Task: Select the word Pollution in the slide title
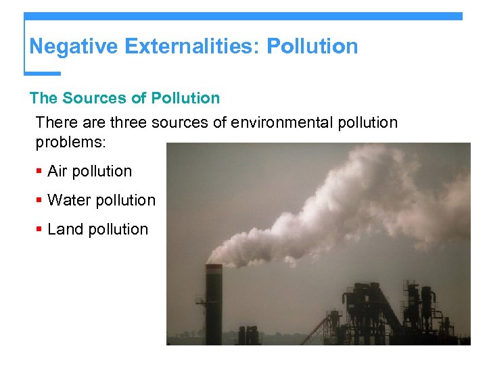click(312, 47)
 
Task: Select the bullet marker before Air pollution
click(39, 172)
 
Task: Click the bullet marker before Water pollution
click(39, 201)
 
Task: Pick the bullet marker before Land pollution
click(39, 230)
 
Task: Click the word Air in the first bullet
click(57, 172)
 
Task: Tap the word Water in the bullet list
click(70, 201)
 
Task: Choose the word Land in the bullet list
click(66, 230)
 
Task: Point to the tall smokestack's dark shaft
click(214, 311)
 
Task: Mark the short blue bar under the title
click(42, 73)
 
